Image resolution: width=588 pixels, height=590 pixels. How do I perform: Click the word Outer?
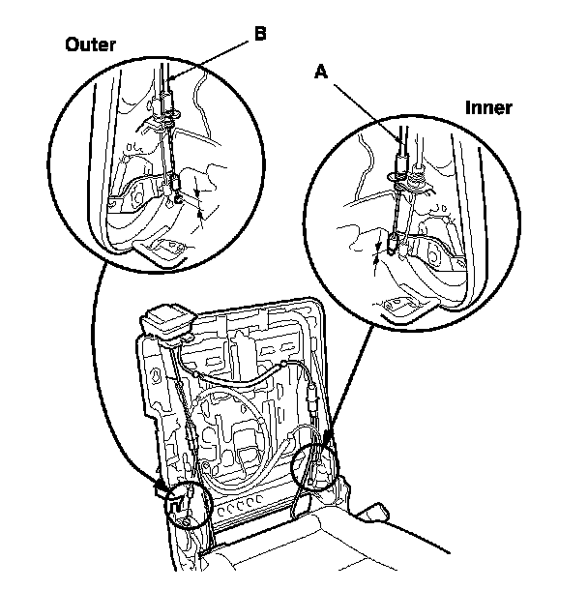90,44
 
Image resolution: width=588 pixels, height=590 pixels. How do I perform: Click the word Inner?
488,107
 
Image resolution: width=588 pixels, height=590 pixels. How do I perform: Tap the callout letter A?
321,72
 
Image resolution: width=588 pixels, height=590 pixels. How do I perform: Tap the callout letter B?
260,34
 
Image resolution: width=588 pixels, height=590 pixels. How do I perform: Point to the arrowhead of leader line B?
170,79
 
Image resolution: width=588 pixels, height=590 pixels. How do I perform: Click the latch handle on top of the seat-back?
166,324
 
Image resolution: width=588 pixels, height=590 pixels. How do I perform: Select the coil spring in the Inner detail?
417,176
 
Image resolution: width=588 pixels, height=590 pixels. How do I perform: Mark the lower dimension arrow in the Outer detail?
200,216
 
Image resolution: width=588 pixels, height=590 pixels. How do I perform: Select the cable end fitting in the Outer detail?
176,182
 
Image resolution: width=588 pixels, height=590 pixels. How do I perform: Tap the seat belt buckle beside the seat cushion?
372,513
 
